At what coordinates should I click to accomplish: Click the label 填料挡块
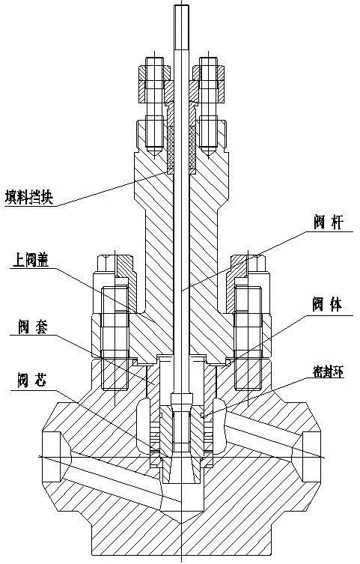[x=29, y=198]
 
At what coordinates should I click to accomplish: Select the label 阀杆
[x=329, y=223]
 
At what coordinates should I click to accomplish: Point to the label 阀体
[x=327, y=305]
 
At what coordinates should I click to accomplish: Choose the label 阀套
[x=33, y=327]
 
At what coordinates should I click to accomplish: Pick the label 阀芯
[x=32, y=381]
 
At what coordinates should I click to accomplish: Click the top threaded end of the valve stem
[x=181, y=27]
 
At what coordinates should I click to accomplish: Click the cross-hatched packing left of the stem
[x=171, y=148]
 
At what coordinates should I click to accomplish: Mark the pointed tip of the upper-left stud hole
[x=154, y=156]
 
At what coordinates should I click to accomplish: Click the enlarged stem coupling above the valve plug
[x=181, y=399]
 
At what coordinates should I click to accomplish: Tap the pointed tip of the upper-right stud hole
[x=209, y=156]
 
